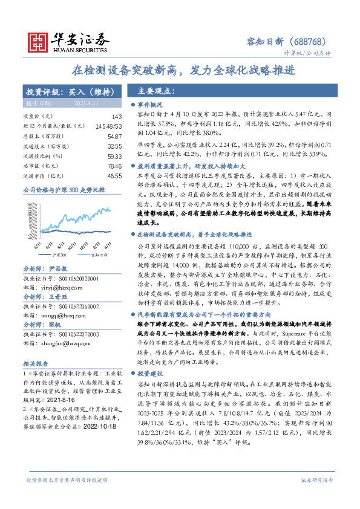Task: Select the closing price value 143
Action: click(x=117, y=116)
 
